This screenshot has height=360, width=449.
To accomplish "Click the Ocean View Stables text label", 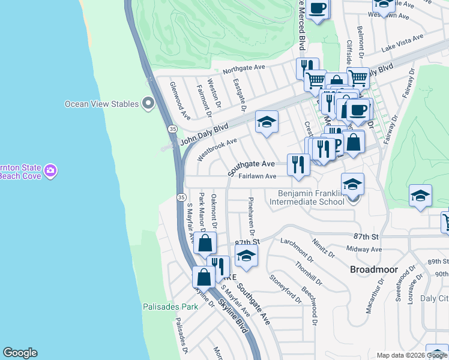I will tap(101, 104).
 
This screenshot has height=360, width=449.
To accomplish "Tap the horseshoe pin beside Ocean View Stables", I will tap(148, 104).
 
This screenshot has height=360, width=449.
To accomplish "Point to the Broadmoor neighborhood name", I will tap(371, 270).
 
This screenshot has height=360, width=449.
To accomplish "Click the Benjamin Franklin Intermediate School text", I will tap(311, 197).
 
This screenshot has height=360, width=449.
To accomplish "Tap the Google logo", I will tap(20, 353).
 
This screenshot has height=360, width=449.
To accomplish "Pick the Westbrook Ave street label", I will tap(217, 149).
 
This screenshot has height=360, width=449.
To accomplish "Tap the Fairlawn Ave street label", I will tap(257, 176).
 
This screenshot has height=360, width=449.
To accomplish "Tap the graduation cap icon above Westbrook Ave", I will tap(267, 122).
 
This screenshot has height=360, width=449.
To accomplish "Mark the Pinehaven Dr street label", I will tap(252, 215).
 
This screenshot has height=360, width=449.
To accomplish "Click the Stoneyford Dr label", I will tap(285, 286).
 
